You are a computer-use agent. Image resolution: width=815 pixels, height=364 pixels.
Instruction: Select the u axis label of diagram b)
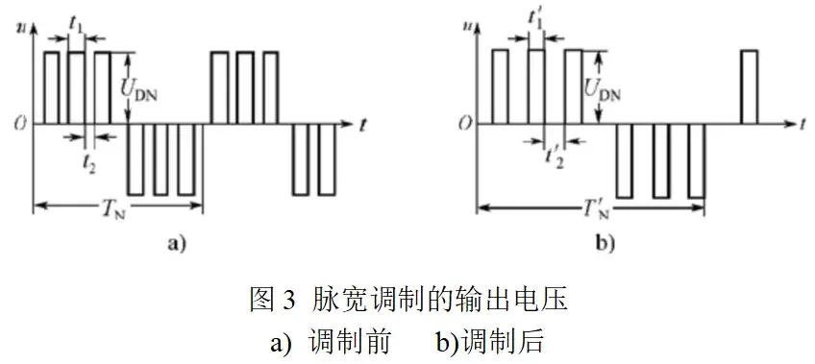pyautogui.click(x=469, y=13)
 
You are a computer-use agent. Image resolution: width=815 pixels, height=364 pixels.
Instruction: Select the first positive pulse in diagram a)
pyautogui.click(x=52, y=86)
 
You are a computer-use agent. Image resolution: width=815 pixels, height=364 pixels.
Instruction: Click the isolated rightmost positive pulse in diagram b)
pyautogui.click(x=750, y=86)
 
